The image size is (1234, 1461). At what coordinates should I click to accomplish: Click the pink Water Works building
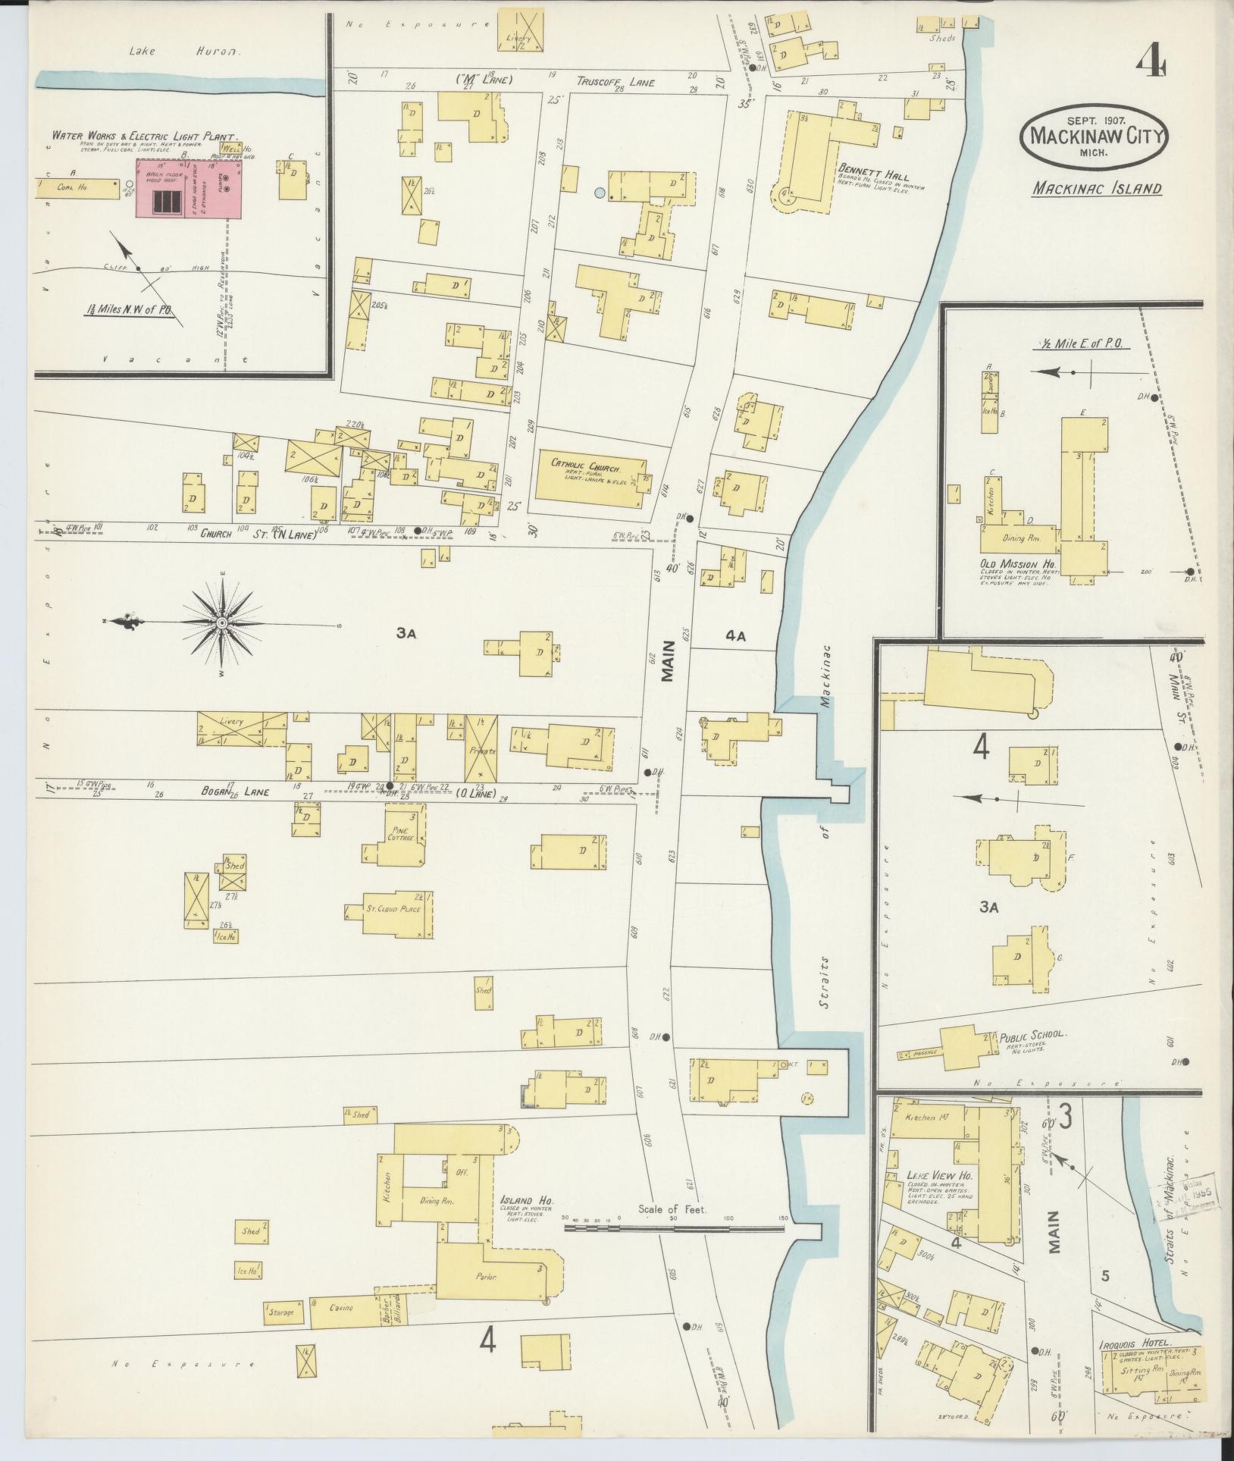click(x=189, y=189)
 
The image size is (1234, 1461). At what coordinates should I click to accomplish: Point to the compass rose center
click(x=222, y=622)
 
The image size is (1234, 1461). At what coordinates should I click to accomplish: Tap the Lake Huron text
click(x=184, y=52)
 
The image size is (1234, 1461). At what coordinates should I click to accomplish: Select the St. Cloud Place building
click(x=389, y=908)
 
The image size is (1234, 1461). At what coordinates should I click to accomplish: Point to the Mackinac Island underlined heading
click(x=1095, y=188)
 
